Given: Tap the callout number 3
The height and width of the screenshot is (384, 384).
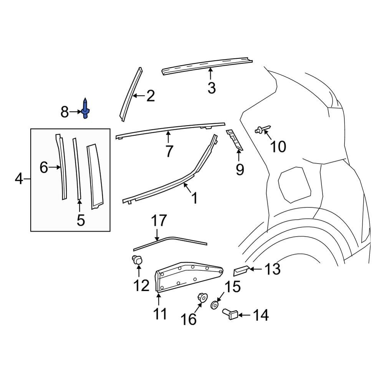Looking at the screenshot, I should [212, 88].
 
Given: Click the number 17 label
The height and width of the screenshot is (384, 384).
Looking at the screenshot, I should [159, 221].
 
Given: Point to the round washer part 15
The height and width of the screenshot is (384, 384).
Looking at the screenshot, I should [215, 305].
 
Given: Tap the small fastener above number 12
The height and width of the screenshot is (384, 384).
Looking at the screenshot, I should [137, 260].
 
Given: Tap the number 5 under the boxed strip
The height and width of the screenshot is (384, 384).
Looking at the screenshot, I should [80, 220].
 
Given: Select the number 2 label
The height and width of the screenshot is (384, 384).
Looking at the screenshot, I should [150, 96].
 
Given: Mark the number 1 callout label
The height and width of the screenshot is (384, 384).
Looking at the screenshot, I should [194, 198].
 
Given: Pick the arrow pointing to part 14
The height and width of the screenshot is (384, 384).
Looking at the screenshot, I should [245, 316].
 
